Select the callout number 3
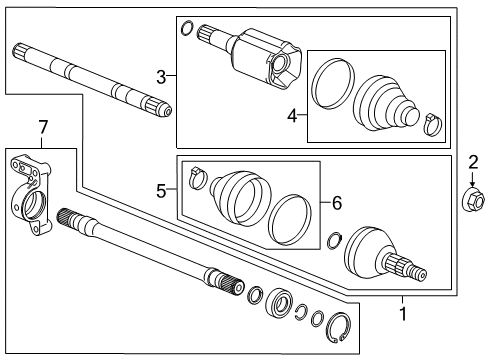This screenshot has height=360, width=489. [161, 76]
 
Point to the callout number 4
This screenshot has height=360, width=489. [291, 117]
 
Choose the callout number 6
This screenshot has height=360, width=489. [336, 202]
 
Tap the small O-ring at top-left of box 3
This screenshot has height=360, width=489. [186, 28]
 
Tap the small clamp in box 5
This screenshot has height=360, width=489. [196, 176]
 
